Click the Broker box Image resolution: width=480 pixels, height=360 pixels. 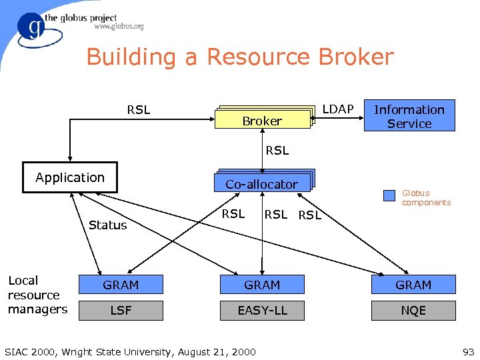coord(262,120)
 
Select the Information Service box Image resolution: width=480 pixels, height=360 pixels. coord(409,117)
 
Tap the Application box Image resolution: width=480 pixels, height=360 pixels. coord(70,177)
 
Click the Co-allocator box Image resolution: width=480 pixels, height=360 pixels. coord(262,183)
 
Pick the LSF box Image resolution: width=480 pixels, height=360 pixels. coord(121,310)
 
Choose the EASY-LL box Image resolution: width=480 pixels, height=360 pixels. coord(262,310)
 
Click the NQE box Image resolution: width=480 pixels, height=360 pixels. coord(413,310)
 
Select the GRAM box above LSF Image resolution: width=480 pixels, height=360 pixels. coord(121,285)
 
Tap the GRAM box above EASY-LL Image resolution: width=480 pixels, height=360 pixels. coord(262,285)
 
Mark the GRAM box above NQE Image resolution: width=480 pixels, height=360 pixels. coord(413,285)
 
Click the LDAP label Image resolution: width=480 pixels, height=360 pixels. coord(338,109)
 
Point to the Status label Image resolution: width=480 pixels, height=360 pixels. coord(107,225)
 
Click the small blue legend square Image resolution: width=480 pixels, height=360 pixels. coord(389,196)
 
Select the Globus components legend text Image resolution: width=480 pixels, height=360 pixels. coord(426,198)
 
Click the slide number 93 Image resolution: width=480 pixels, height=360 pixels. coord(467,351)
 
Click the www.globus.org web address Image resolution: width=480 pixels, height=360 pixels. coord(119,27)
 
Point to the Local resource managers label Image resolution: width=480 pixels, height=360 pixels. coord(37,295)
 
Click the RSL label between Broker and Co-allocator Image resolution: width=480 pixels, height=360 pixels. coord(277,151)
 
